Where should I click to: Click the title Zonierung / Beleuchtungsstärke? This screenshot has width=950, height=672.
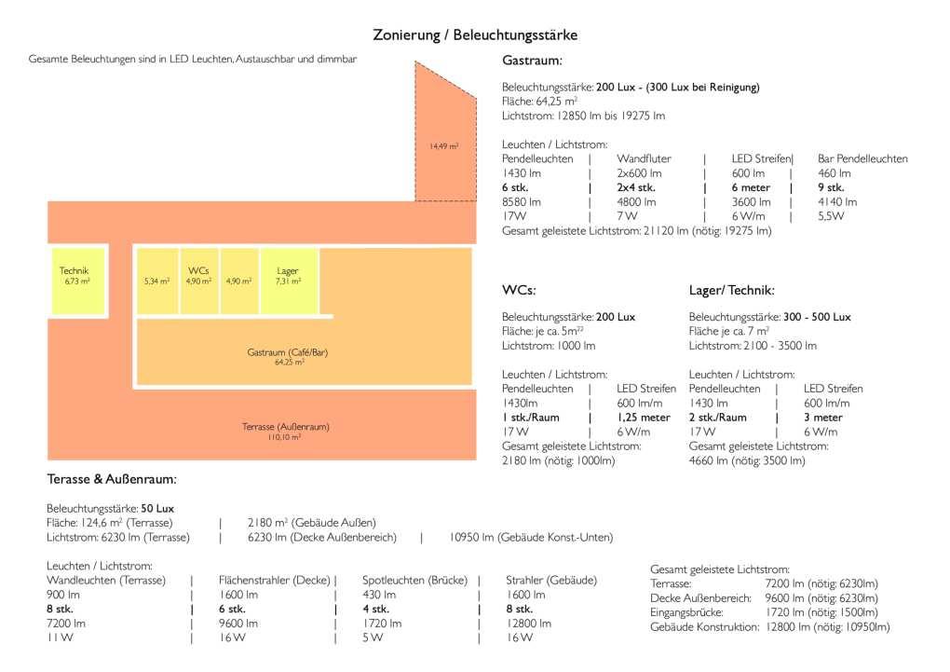[475, 34]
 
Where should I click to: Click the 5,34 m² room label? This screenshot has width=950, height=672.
[156, 281]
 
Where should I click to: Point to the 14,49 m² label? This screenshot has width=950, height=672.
[443, 146]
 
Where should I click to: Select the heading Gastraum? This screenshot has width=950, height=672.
[532, 61]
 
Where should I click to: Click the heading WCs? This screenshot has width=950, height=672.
[519, 291]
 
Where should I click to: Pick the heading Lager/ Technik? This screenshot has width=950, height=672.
[732, 291]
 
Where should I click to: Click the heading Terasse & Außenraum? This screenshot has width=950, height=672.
[112, 480]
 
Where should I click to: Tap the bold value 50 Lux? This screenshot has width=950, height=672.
[157, 509]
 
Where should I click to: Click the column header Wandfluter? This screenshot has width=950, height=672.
[644, 158]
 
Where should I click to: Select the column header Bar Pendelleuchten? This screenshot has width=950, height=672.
[862, 158]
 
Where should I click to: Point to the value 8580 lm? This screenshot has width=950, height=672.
[522, 201]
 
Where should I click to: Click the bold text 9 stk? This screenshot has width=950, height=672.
[831, 187]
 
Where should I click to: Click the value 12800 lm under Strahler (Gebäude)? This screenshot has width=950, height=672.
[528, 624]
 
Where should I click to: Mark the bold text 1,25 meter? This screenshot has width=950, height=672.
[644, 418]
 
